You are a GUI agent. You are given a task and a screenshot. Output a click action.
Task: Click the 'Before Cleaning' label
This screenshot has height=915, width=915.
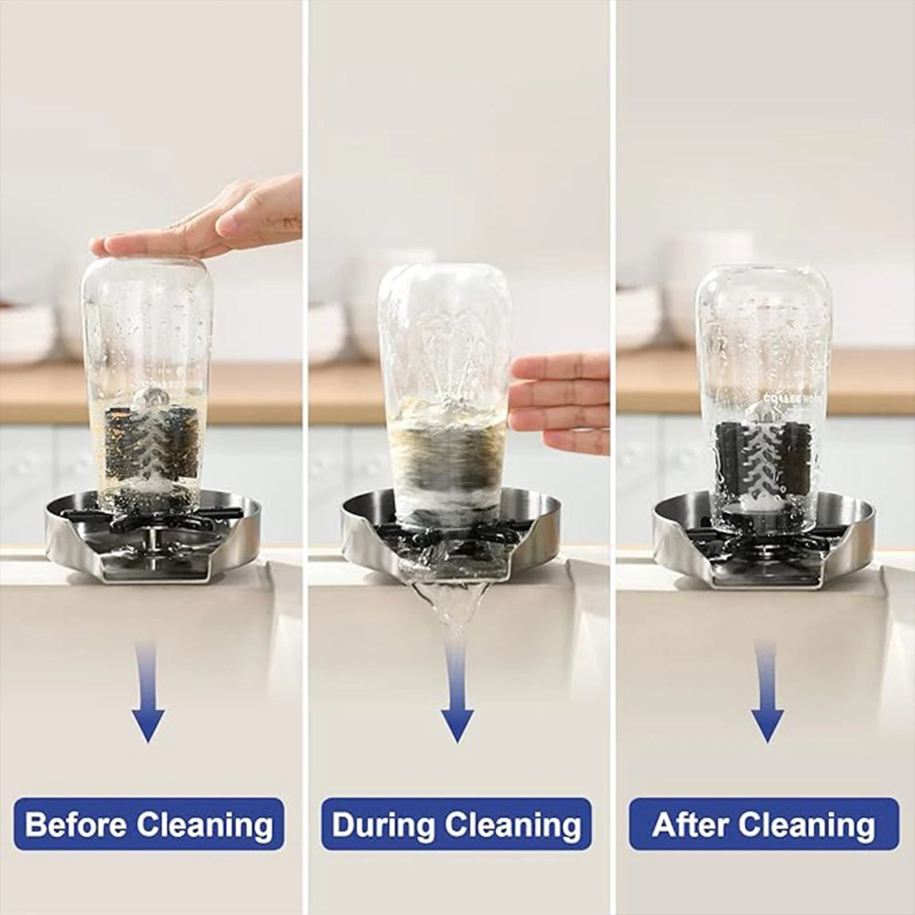click(149, 824)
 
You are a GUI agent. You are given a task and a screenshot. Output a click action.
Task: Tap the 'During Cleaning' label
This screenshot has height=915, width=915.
click(456, 824)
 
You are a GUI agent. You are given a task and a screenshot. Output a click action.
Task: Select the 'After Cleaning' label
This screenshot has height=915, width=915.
click(763, 824)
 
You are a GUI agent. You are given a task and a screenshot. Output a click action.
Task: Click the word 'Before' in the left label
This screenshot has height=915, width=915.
click(76, 824)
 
